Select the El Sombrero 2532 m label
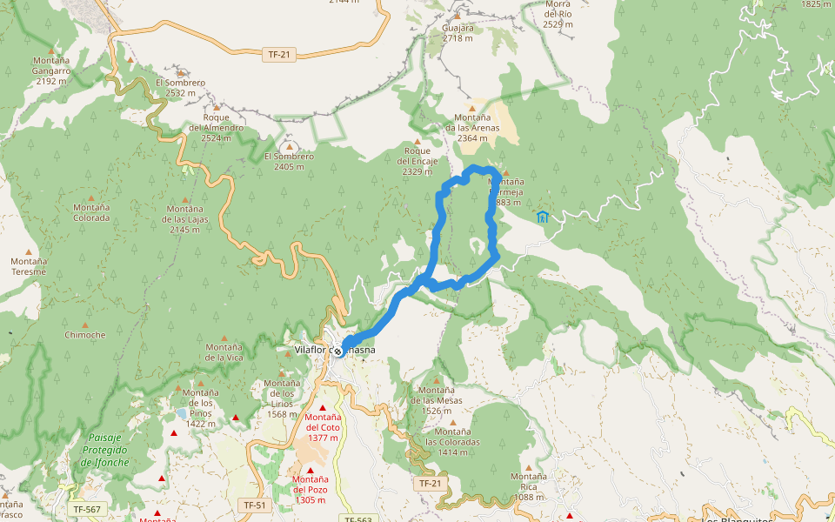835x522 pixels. point(180,87)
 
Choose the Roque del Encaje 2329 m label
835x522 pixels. point(417,161)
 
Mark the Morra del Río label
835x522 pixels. point(558,14)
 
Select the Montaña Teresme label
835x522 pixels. point(29,266)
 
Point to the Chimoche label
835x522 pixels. point(84,335)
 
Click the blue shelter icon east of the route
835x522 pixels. point(543,217)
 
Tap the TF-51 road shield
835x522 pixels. point(254,505)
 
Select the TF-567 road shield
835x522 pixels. point(87,509)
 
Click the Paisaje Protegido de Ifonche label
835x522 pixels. point(105,450)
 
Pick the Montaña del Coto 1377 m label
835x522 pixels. point(322,427)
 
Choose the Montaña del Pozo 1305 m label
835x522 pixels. point(310,489)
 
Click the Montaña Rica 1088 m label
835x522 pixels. point(529,486)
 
